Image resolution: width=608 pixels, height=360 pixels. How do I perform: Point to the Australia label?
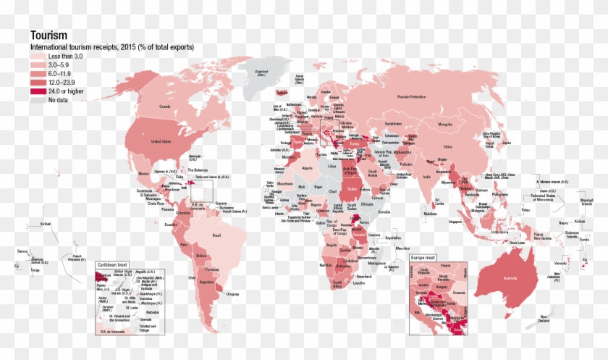pos(499,278)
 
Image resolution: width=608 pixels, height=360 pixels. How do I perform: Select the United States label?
pos(161,142)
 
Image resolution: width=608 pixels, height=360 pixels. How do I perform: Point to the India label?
pos(426,176)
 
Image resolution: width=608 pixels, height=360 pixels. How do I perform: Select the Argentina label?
pos(206,282)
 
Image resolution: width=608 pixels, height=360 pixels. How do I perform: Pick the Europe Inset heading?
pos(426,257)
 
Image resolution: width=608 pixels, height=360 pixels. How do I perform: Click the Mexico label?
pos(143,174)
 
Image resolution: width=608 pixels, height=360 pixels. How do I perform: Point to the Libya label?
pos(332,166)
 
